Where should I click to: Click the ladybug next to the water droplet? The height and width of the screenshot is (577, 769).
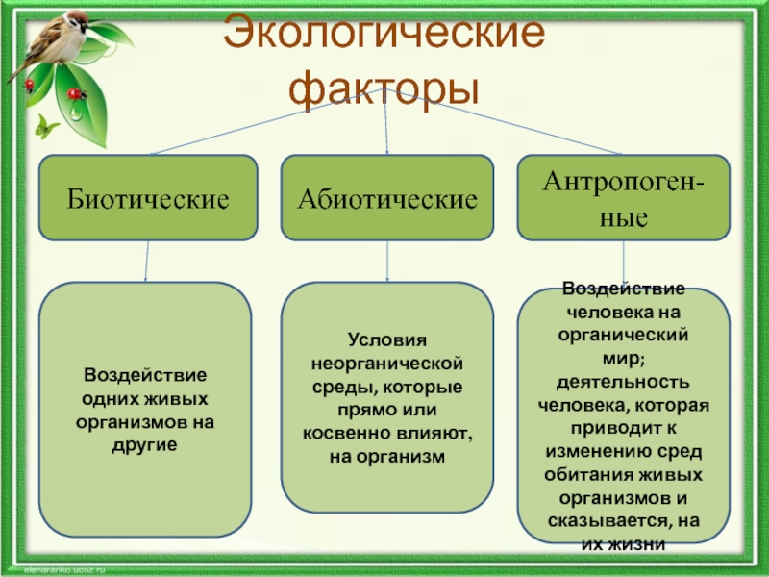click(77, 94)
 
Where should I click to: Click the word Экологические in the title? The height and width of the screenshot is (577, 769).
click(384, 36)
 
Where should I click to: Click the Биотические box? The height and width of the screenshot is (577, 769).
click(148, 198)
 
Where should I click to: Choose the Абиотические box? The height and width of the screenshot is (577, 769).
click(387, 198)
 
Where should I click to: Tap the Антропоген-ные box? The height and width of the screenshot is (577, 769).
click(623, 197)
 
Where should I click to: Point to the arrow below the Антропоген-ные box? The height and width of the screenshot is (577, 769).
click(624, 263)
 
